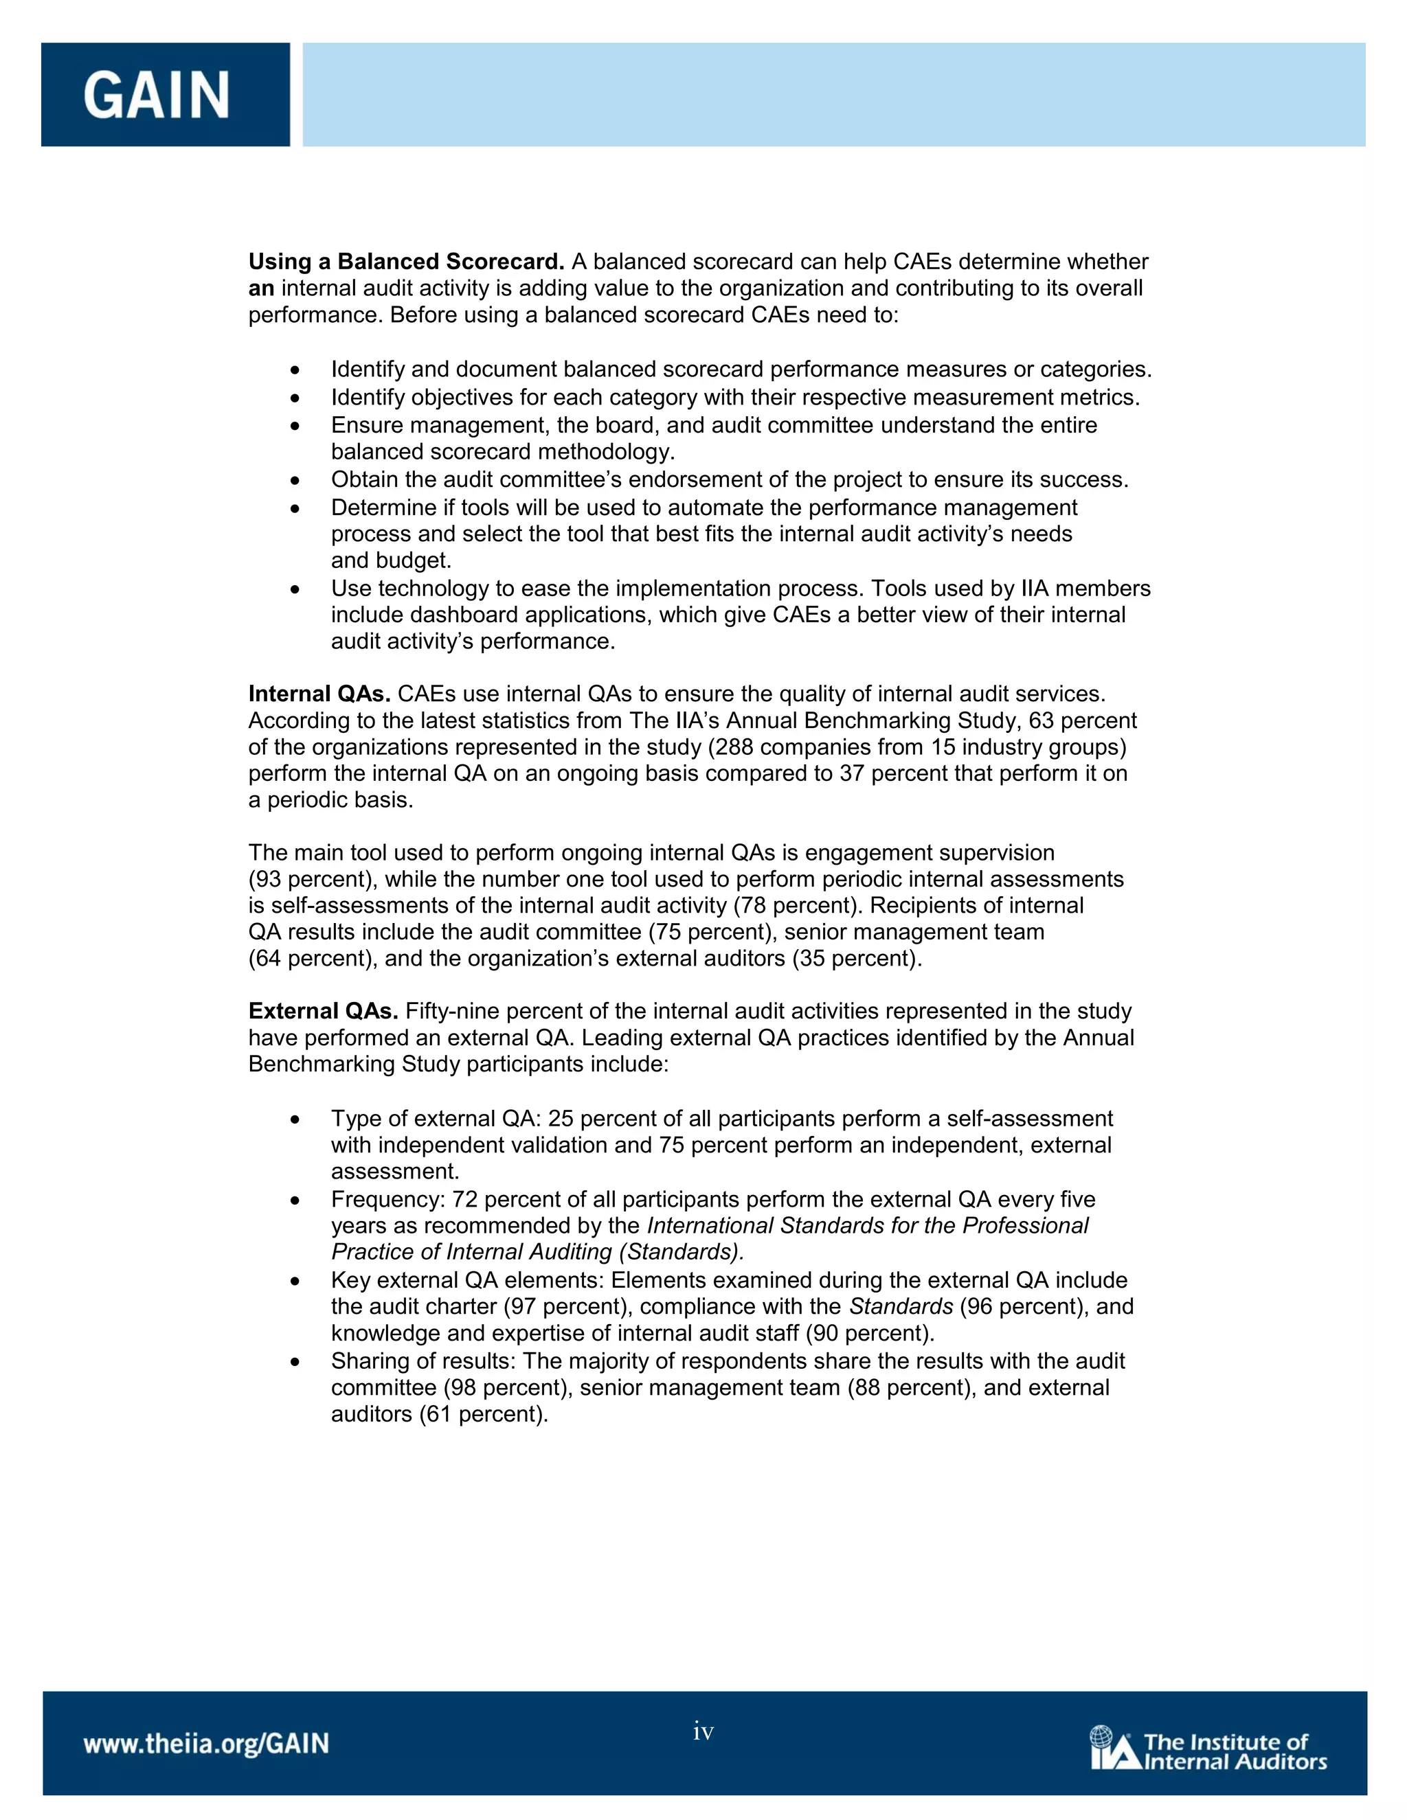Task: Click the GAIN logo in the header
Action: (x=156, y=94)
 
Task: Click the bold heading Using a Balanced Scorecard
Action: (x=407, y=262)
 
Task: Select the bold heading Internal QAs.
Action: (x=319, y=694)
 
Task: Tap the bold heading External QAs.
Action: (x=324, y=1011)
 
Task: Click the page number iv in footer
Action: (x=703, y=1731)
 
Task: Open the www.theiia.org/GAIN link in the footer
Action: (x=206, y=1743)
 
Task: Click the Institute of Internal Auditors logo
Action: (x=1208, y=1749)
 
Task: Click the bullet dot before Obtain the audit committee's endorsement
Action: (x=295, y=481)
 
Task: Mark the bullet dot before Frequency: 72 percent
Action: (x=295, y=1201)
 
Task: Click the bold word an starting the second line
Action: (x=261, y=288)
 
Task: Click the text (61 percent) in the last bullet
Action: (x=484, y=1413)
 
